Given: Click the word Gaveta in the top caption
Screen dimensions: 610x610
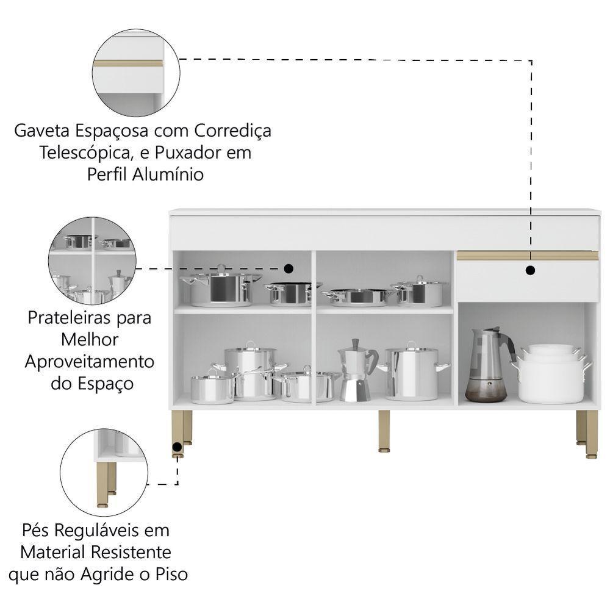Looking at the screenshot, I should coord(41,131).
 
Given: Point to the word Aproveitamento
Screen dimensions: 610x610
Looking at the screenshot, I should coord(89,361).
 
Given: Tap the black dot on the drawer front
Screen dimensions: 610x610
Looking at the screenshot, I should coord(530,270).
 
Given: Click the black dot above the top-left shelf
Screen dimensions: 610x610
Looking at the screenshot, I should coord(289,268).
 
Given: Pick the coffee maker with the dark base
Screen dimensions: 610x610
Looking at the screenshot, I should coord(488,365).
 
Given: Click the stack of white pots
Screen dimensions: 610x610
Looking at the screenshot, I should coord(551,373).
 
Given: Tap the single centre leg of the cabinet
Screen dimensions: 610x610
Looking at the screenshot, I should coord(384,431).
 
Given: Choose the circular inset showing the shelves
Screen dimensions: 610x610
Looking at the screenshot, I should coord(92,260).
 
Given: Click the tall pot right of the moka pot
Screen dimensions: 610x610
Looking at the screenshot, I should coord(413,371).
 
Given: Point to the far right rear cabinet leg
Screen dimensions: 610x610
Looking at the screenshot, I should coord(581,426).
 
